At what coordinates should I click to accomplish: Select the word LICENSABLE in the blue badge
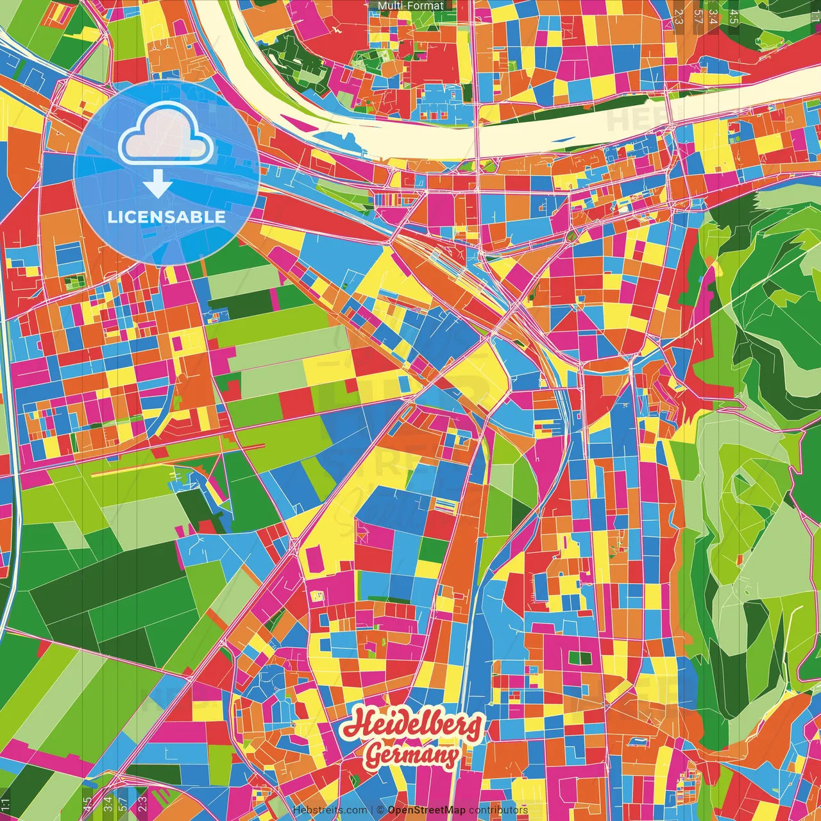pos(167,217)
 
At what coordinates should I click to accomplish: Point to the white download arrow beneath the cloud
pos(158,186)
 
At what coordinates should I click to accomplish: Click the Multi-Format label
pos(410,6)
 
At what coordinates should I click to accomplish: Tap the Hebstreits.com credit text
pos(330,810)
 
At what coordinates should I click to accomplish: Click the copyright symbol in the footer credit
pos(380,810)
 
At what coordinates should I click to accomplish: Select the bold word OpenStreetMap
pos(427,810)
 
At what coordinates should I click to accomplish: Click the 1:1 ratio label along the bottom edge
pos(6,804)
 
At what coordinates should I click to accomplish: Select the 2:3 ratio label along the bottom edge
pos(142,804)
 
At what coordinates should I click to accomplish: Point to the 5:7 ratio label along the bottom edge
pos(123,804)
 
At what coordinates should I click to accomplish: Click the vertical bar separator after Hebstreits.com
pos(372,810)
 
